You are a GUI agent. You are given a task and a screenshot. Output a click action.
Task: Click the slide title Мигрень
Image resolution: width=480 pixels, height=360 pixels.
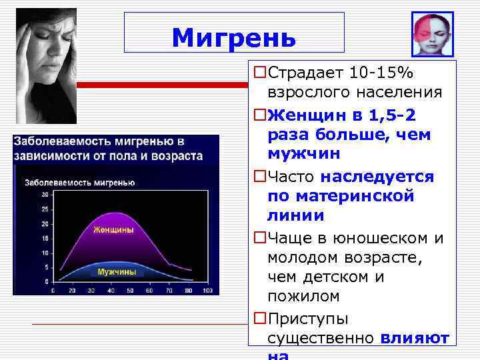point(233,38)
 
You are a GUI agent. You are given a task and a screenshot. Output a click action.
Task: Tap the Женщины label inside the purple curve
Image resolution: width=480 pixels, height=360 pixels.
point(113,229)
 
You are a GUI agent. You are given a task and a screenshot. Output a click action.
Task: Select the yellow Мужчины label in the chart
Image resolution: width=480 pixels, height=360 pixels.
point(117,272)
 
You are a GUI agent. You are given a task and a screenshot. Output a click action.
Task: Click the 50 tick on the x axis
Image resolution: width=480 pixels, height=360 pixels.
point(129,291)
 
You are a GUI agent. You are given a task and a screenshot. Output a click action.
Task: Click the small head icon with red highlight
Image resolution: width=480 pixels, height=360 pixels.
point(432,35)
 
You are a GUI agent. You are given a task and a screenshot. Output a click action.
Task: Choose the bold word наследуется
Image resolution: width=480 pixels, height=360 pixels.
point(377,177)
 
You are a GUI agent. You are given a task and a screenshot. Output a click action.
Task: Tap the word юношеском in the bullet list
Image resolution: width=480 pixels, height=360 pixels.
point(381,238)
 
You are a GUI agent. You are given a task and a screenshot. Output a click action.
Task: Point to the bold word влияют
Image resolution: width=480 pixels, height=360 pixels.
point(414,338)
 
